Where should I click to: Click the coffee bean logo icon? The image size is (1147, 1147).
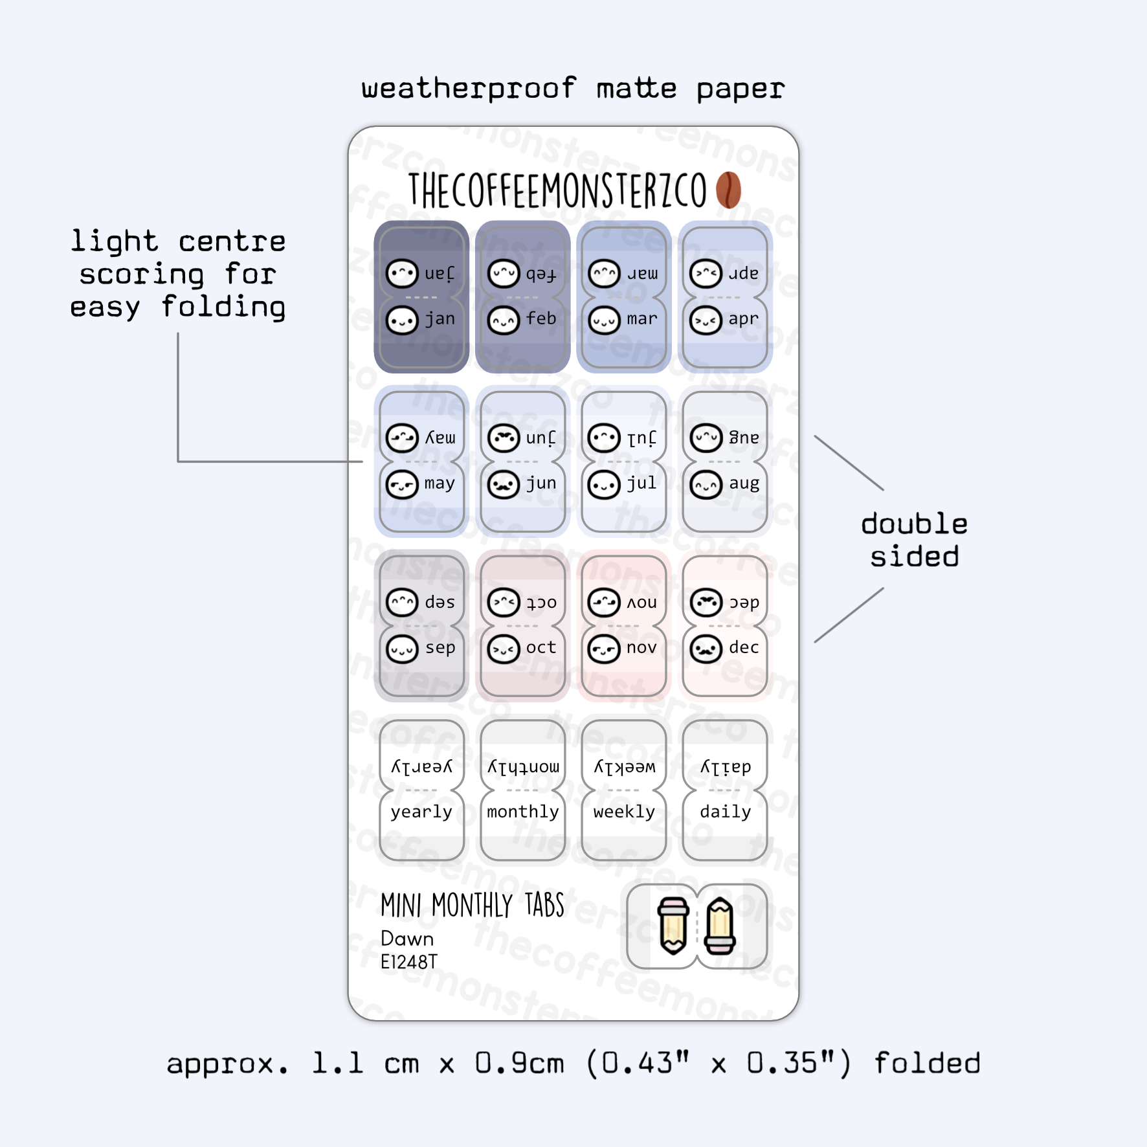pyautogui.click(x=728, y=190)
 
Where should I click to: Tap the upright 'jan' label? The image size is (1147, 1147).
pyautogui.click(x=440, y=319)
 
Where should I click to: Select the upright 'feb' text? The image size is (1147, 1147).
pyautogui.click(x=541, y=319)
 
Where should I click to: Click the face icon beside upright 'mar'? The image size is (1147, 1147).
pyautogui.click(x=604, y=320)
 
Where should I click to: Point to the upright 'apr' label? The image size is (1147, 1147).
pyautogui.click(x=743, y=319)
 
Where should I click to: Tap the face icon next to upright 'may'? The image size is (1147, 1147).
pyautogui.click(x=402, y=484)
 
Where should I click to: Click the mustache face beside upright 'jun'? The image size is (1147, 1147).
pyautogui.click(x=504, y=484)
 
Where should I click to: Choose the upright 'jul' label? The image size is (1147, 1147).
pyautogui.click(x=641, y=484)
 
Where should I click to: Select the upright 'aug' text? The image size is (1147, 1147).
pyautogui.click(x=744, y=484)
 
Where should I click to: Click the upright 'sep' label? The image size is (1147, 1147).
pyautogui.click(x=440, y=648)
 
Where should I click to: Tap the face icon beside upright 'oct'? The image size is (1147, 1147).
pyautogui.click(x=504, y=649)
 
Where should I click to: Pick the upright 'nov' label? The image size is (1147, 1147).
pyautogui.click(x=641, y=648)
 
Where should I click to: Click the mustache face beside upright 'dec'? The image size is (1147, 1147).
pyautogui.click(x=706, y=649)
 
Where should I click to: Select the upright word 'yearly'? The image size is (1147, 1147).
pyautogui.click(x=421, y=812)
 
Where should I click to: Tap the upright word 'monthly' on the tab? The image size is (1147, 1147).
pyautogui.click(x=523, y=812)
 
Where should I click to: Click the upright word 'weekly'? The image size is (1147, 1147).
pyautogui.click(x=624, y=812)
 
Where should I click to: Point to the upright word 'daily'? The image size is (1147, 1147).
pyautogui.click(x=725, y=812)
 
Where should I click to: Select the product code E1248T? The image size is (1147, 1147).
pyautogui.click(x=409, y=963)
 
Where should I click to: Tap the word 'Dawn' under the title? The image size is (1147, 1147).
pyautogui.click(x=407, y=939)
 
